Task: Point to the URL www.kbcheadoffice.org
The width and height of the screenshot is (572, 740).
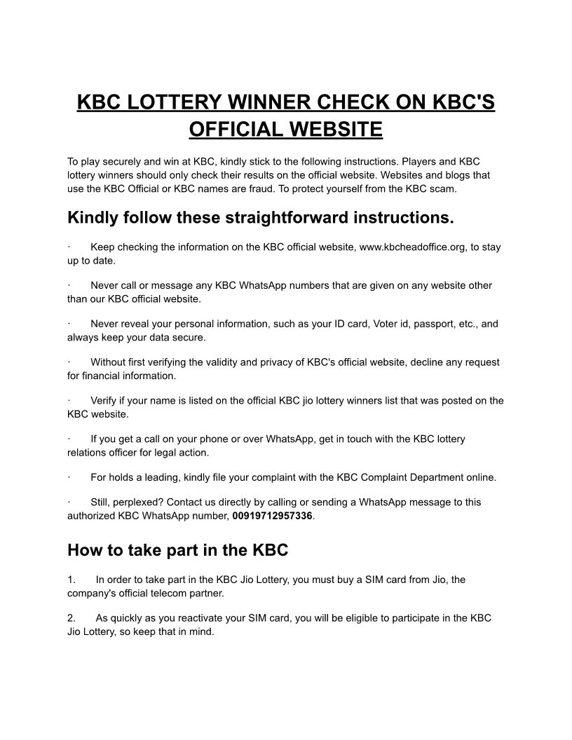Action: click(414, 247)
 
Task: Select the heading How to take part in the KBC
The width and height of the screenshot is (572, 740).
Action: click(177, 550)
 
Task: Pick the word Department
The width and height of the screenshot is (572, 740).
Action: click(426, 478)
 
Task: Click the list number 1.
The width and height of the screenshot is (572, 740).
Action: click(71, 580)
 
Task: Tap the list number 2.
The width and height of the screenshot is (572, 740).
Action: click(71, 618)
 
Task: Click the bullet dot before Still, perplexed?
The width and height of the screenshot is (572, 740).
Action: click(69, 502)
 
